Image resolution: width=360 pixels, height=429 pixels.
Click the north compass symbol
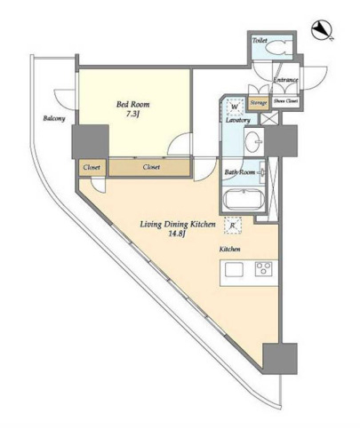point(322,30)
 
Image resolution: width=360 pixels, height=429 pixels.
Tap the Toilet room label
point(260,40)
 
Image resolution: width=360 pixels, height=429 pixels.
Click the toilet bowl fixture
point(277,48)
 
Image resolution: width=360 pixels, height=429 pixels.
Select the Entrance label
point(285,80)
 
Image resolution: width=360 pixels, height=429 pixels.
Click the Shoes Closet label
point(285,101)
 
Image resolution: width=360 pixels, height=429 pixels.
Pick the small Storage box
point(259,103)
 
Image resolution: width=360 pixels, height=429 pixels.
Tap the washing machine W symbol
point(235,107)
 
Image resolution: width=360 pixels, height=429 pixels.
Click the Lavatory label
point(238,120)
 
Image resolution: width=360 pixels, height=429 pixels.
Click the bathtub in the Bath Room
point(244,200)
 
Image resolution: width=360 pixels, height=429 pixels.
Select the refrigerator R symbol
point(233,226)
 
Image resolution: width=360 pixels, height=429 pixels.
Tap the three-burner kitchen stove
point(263,269)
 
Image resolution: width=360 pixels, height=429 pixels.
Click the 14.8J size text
point(178,234)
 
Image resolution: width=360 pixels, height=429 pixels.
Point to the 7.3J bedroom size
point(132,114)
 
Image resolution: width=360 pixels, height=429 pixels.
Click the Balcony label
point(54,119)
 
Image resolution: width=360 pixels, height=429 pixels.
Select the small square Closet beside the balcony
point(91,167)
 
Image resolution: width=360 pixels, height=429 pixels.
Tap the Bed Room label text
point(132,104)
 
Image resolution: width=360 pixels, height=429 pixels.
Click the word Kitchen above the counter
point(229,250)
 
